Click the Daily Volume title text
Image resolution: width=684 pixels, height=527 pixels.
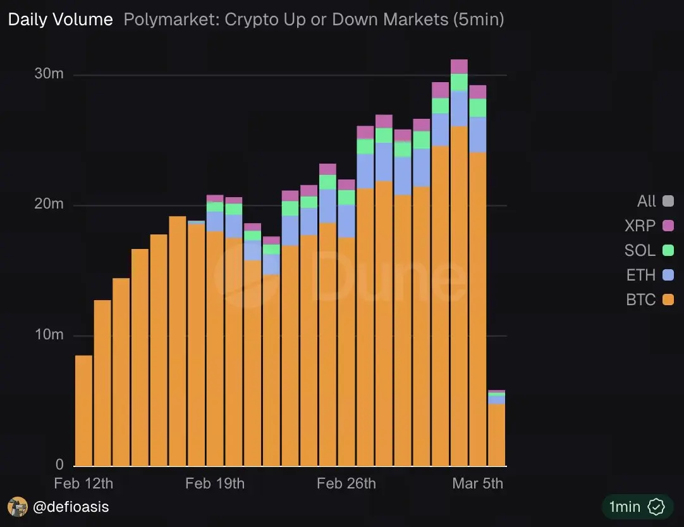(x=60, y=20)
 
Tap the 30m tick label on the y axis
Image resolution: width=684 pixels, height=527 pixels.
(x=49, y=73)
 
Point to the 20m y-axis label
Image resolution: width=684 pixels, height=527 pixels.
(x=49, y=204)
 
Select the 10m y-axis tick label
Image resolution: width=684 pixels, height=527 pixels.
(x=49, y=334)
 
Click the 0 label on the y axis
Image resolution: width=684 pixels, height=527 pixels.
(x=59, y=464)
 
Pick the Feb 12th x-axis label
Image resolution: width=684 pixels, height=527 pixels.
(x=83, y=483)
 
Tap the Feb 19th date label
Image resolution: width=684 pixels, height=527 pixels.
(x=215, y=483)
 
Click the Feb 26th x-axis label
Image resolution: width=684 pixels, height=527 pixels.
(x=346, y=483)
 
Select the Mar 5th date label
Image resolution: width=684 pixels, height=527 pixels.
(x=478, y=483)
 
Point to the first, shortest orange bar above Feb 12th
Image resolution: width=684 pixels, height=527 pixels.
(x=83, y=411)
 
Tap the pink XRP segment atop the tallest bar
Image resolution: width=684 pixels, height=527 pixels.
(x=459, y=66)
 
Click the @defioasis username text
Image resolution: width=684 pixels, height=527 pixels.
(x=71, y=506)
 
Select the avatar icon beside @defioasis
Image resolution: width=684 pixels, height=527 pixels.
(x=17, y=506)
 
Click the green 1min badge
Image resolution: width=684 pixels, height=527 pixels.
(x=635, y=506)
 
